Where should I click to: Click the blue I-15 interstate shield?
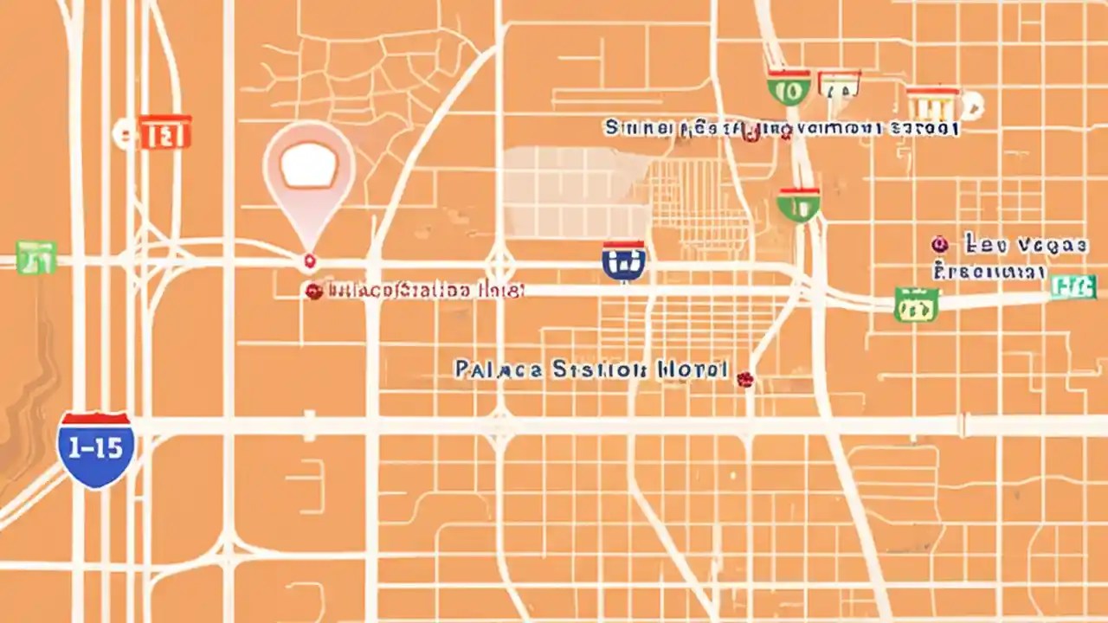click(x=95, y=449)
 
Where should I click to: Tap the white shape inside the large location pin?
click(x=308, y=167)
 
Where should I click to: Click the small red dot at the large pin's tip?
click(x=309, y=260)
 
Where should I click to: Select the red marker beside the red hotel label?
click(x=313, y=292)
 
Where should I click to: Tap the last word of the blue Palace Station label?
click(x=692, y=369)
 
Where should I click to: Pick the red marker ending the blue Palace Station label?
click(x=744, y=378)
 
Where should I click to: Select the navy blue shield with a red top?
click(x=624, y=260)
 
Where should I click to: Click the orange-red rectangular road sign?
click(x=164, y=132)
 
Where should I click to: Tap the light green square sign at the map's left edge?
click(x=35, y=257)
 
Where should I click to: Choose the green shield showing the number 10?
click(x=789, y=88)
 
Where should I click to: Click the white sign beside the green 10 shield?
click(x=839, y=84)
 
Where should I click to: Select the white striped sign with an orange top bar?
click(x=931, y=103)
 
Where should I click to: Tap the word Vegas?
click(x=1053, y=246)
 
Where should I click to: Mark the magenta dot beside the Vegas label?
click(x=937, y=245)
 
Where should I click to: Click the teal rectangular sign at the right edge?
click(x=1073, y=286)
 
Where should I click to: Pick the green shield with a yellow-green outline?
click(x=915, y=305)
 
